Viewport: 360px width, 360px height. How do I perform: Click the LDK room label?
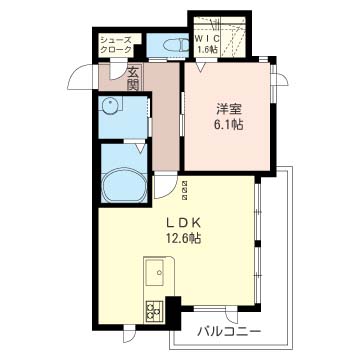point(183,223)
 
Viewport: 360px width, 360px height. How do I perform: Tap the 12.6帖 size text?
point(183,238)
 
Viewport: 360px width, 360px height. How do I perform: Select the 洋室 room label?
point(229,109)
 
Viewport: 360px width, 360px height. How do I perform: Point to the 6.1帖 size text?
point(229,125)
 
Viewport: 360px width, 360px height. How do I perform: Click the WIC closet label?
point(207,39)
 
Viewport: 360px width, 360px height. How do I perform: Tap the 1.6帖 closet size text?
point(208,50)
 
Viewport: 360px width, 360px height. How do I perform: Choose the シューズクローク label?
point(116,45)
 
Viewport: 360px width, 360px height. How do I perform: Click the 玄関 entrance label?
point(134,79)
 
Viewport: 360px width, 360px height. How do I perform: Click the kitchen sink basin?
point(155,273)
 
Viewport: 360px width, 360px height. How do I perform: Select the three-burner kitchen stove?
point(154,311)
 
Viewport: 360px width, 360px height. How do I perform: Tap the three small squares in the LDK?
point(185,191)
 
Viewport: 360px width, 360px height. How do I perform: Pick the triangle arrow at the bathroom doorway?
point(140,147)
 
